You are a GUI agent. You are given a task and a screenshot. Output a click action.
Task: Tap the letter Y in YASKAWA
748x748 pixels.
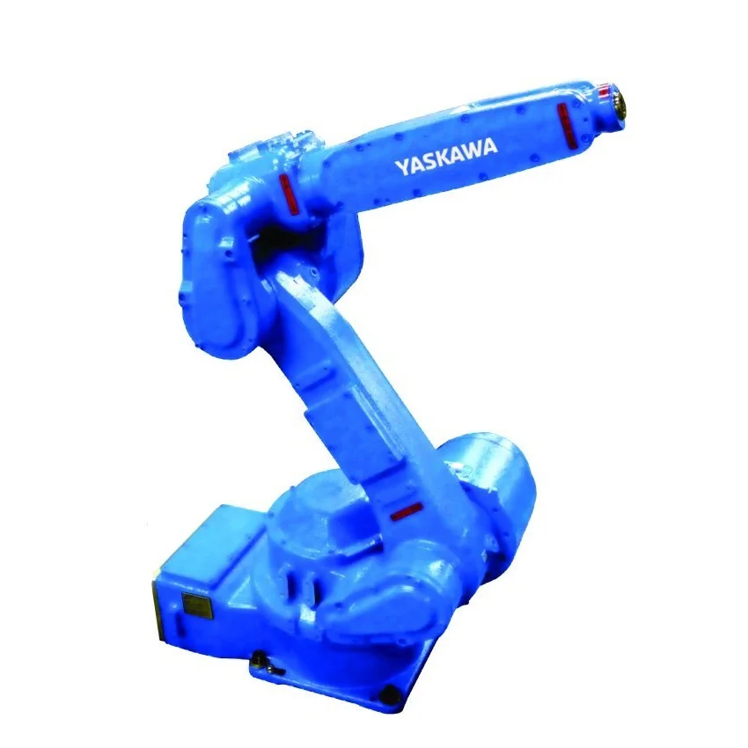[400, 168]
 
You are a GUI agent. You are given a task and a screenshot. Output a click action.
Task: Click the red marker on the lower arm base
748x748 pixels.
[404, 511]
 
